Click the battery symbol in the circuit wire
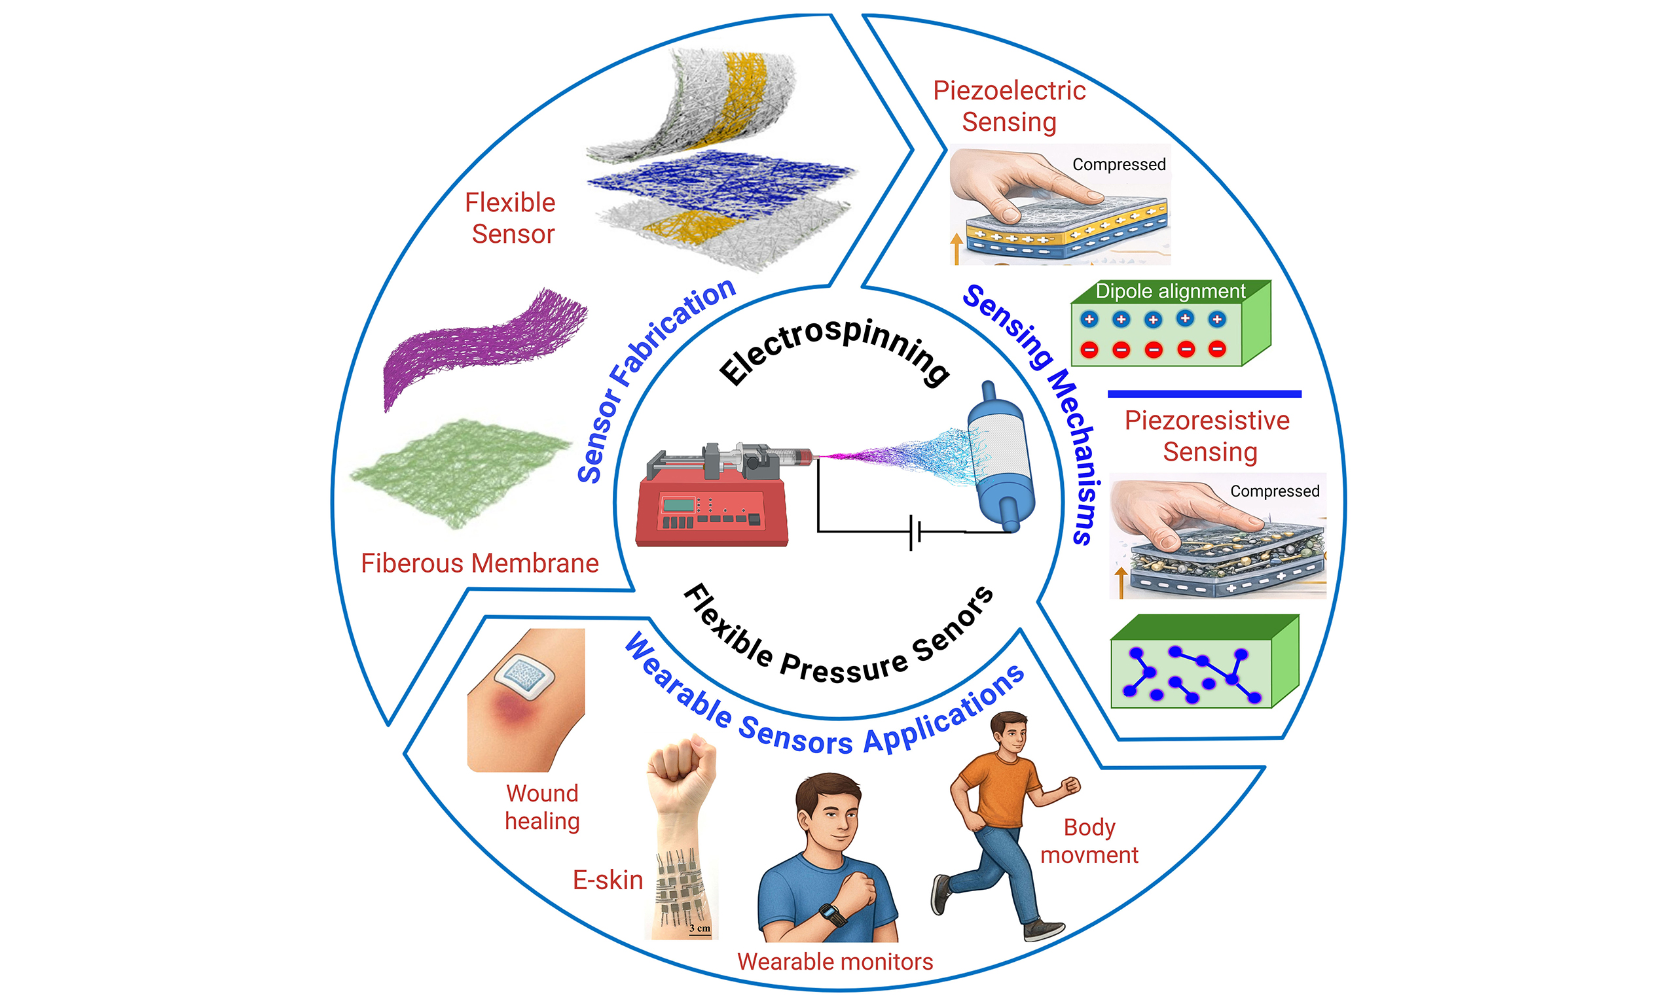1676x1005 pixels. pyautogui.click(x=915, y=533)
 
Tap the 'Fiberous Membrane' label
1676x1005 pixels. pyautogui.click(x=480, y=563)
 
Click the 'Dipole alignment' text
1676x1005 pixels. pyautogui.click(x=1170, y=291)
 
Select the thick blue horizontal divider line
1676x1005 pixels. pyautogui.click(x=1204, y=393)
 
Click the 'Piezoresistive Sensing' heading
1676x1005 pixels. pyautogui.click(x=1208, y=436)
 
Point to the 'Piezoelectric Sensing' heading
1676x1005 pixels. pyautogui.click(x=1009, y=107)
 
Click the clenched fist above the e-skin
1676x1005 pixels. pyautogui.click(x=681, y=771)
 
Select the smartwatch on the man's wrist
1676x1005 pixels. pyautogui.click(x=832, y=914)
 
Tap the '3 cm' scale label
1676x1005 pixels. pyautogui.click(x=700, y=928)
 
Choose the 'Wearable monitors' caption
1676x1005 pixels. pyautogui.click(x=835, y=962)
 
